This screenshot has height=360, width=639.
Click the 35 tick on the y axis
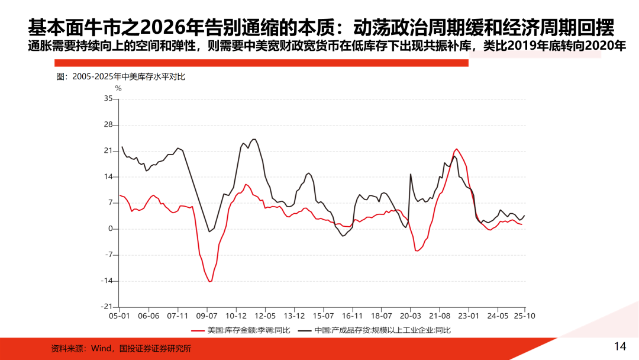click(108, 98)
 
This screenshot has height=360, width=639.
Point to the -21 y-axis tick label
click(106, 307)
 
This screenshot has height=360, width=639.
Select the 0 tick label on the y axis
click(109, 229)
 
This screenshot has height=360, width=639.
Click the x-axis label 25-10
click(524, 316)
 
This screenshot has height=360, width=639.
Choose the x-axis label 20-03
click(410, 316)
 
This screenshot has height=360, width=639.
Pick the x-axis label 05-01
click(120, 316)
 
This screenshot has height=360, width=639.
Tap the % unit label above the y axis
click(118, 88)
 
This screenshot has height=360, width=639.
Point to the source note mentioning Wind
click(121, 349)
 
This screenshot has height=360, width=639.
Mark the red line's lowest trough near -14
click(210, 281)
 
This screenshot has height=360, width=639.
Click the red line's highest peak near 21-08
click(456, 149)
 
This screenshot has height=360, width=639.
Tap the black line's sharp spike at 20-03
click(411, 174)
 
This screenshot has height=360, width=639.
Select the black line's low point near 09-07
click(209, 232)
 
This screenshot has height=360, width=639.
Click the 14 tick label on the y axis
click(108, 177)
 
